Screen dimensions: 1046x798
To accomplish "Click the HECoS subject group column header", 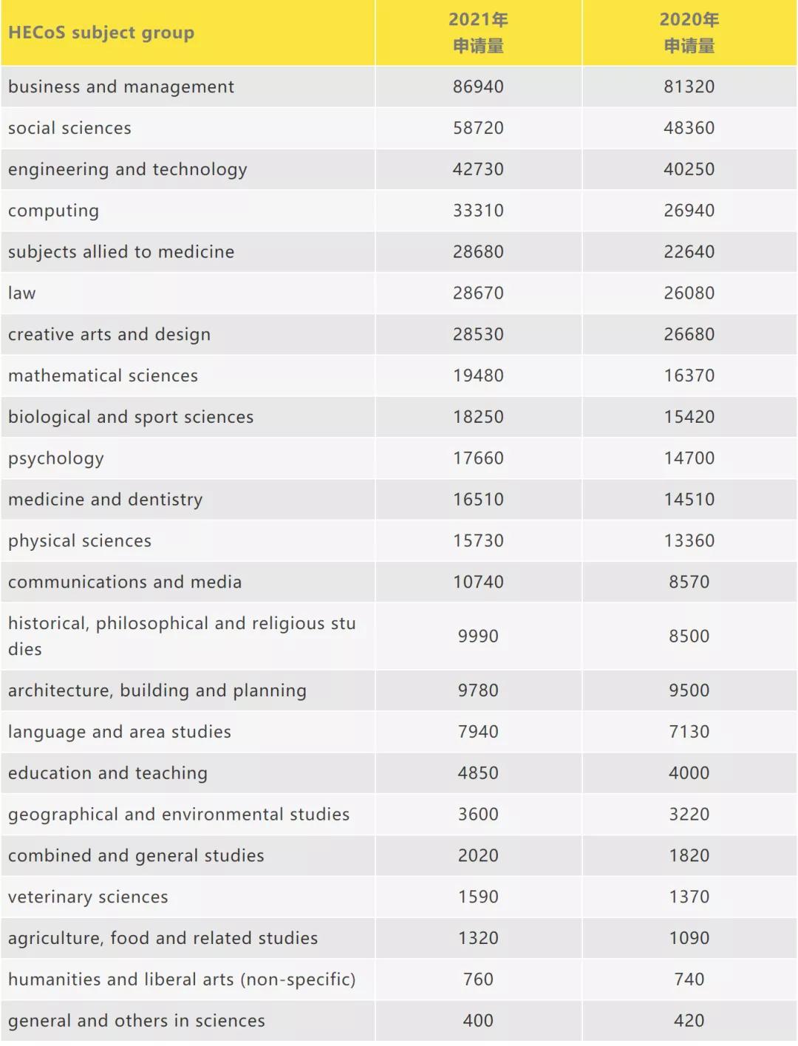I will (x=101, y=33).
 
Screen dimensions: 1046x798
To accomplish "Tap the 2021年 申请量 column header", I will (x=478, y=33).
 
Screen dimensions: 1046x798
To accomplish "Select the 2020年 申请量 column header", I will (x=689, y=33).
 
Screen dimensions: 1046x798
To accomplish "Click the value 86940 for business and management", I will (x=478, y=86).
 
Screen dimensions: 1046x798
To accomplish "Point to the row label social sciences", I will (x=69, y=128).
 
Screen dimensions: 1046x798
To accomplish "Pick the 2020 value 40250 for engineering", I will (x=689, y=169).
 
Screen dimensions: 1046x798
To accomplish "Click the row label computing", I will (x=53, y=211).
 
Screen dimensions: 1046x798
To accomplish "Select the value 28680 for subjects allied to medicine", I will (x=478, y=252).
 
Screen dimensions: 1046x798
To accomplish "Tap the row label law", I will (x=22, y=293).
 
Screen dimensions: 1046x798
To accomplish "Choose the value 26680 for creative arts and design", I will (x=689, y=334).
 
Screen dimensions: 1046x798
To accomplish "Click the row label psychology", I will (x=56, y=458).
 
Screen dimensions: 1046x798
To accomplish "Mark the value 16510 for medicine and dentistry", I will (x=478, y=500).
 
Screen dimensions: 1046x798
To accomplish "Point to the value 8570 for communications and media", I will (x=689, y=582).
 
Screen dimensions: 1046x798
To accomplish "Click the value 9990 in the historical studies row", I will (x=478, y=636).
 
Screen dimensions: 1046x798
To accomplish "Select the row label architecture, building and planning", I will (x=157, y=690).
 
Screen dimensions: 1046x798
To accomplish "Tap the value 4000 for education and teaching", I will (x=689, y=773).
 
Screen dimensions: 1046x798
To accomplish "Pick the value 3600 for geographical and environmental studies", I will (x=478, y=815).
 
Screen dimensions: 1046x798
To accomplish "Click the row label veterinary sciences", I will (x=88, y=897).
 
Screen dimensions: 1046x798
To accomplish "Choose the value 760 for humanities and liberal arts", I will (x=478, y=979).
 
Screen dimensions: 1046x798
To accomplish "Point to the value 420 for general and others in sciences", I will (x=689, y=1021).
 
